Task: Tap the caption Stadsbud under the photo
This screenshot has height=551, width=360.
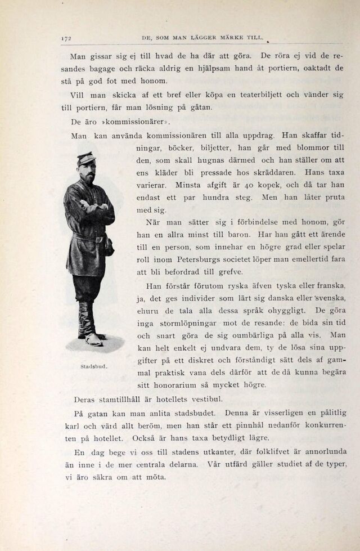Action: tap(93, 366)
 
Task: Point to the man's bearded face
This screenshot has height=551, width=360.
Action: tap(87, 172)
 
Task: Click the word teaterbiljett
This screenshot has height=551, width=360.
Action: tap(264, 95)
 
